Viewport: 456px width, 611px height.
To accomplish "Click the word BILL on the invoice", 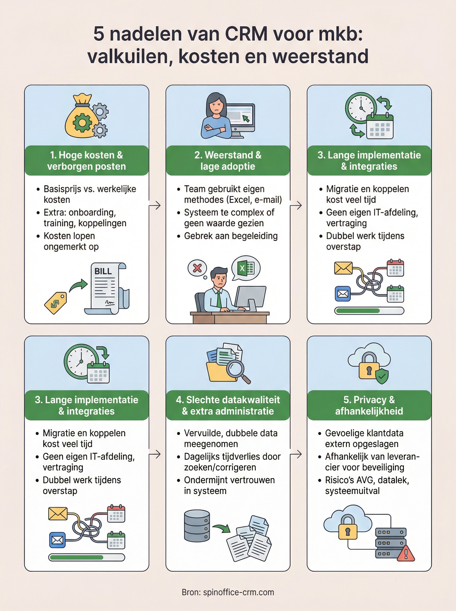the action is click(x=103, y=271).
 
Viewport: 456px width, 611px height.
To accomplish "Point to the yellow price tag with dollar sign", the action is click(x=56, y=303).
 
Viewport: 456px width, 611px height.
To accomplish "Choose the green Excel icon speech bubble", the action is click(x=246, y=268).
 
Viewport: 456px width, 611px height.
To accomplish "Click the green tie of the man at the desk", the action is click(x=219, y=299).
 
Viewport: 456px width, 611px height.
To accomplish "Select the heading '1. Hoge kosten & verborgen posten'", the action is click(x=87, y=161).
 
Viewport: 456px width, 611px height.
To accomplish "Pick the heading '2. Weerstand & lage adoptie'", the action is click(x=228, y=161).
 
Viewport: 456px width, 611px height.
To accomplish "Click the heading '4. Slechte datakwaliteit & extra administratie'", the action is click(x=228, y=405).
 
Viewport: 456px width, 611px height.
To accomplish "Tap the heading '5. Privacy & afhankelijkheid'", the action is click(x=369, y=405).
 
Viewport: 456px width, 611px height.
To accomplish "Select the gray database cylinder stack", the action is click(x=197, y=526).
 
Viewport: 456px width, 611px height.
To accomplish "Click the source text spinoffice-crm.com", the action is click(x=238, y=592).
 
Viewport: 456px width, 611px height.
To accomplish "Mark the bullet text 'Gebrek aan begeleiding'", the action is click(x=231, y=236).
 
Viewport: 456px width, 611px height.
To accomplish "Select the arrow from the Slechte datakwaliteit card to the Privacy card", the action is click(x=296, y=454).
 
